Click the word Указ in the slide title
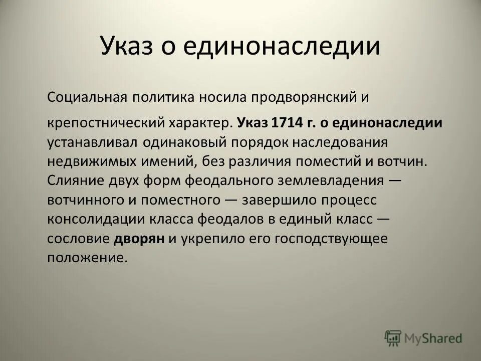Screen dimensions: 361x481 [x=131, y=46]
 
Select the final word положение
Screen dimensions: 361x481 [x=85, y=258]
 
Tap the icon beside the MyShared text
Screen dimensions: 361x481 [x=393, y=338]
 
